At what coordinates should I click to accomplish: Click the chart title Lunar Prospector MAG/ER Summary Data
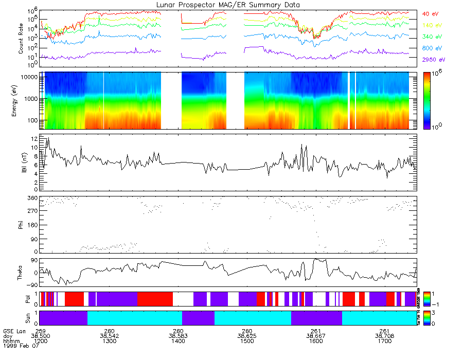(x=229, y=5)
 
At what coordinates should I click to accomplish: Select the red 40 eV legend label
(x=429, y=13)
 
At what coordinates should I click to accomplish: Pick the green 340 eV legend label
(x=431, y=37)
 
